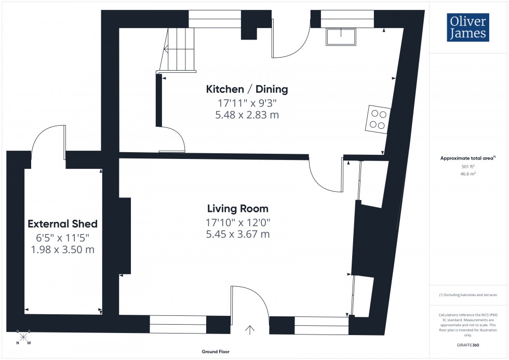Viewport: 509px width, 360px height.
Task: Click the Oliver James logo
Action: [467, 27]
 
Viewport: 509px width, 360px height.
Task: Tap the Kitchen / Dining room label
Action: [247, 89]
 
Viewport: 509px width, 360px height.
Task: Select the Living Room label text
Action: [237, 209]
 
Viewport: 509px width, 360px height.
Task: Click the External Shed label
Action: [62, 224]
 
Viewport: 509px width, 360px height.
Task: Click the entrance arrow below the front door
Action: [250, 330]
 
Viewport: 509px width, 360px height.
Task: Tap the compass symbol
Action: [23, 337]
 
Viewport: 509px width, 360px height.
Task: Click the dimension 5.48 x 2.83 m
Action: [247, 115]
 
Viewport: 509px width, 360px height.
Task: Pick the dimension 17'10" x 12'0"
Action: [237, 222]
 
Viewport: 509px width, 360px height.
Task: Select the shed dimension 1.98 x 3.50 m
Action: [62, 250]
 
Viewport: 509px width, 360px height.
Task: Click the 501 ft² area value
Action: [468, 167]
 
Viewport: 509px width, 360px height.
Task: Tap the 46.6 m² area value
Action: [468, 175]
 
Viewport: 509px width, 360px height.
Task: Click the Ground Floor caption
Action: [216, 352]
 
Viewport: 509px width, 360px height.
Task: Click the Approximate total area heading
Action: [467, 158]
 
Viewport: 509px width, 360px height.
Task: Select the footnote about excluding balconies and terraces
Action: [468, 295]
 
